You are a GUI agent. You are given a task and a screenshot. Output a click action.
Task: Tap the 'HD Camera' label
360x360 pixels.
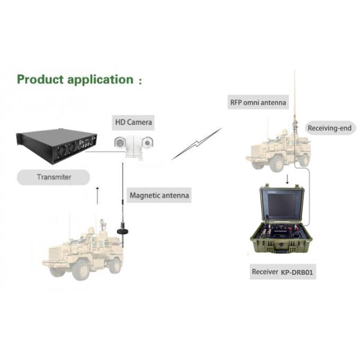pyautogui.click(x=134, y=123)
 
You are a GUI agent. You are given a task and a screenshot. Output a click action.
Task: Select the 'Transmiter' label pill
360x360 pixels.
pyautogui.click(x=53, y=177)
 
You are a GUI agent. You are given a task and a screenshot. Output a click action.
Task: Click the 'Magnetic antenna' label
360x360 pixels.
pyautogui.click(x=159, y=195)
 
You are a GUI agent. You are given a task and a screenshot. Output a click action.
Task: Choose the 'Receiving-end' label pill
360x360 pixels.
pyautogui.click(x=331, y=128)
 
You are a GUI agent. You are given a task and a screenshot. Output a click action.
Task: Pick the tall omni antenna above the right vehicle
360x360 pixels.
pyautogui.click(x=294, y=96)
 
